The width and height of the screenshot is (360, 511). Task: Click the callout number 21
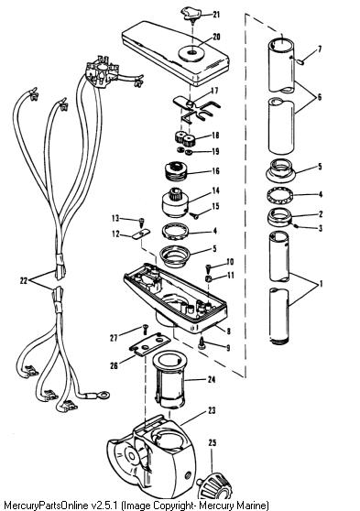click(216, 15)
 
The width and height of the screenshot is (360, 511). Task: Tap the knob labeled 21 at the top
click(191, 14)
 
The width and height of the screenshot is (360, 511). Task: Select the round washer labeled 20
click(191, 52)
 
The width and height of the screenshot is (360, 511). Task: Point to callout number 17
click(214, 91)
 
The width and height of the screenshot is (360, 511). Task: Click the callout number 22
click(24, 280)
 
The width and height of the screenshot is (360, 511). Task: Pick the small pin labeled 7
click(300, 61)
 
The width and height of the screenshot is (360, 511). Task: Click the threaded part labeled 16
click(177, 170)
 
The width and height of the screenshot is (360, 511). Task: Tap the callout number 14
click(215, 190)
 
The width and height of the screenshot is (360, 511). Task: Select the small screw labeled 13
click(141, 223)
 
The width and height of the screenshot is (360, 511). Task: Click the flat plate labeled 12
click(141, 234)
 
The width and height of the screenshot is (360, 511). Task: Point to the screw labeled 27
click(145, 329)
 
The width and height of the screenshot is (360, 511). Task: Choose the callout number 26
click(114, 365)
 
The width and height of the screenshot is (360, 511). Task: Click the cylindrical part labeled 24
click(169, 379)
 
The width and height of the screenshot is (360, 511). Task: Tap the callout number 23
click(212, 410)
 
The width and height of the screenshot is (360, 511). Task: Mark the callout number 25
click(213, 443)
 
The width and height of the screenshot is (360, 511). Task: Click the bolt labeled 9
click(202, 343)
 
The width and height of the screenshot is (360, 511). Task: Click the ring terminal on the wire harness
click(104, 396)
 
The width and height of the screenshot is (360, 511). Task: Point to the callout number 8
click(229, 332)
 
